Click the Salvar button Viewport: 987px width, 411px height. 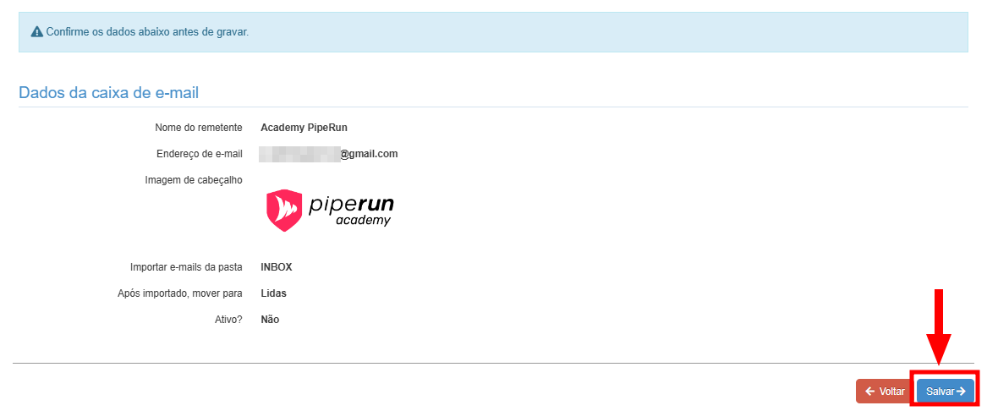pos(945,391)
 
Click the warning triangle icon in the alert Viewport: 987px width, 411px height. pos(36,32)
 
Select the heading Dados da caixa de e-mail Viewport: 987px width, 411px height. pos(108,92)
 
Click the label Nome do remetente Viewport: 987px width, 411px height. pos(199,128)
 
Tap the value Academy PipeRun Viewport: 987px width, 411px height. pos(304,128)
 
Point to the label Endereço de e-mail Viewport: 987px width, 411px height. pos(200,154)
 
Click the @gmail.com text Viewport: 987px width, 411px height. pos(369,154)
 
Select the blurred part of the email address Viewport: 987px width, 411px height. pos(299,154)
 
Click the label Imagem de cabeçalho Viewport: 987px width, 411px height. pos(194,180)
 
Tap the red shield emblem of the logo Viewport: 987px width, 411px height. pos(284,210)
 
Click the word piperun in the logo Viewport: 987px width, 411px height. pos(351,204)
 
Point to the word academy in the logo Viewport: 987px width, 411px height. pos(363,221)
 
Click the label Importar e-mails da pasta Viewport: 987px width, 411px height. pos(186,267)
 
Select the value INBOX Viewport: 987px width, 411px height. pos(277,267)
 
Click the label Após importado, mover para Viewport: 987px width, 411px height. pos(180,293)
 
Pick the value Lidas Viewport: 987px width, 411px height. pos(273,293)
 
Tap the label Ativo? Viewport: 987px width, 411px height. pos(228,320)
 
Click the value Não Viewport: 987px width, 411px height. pos(270,320)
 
